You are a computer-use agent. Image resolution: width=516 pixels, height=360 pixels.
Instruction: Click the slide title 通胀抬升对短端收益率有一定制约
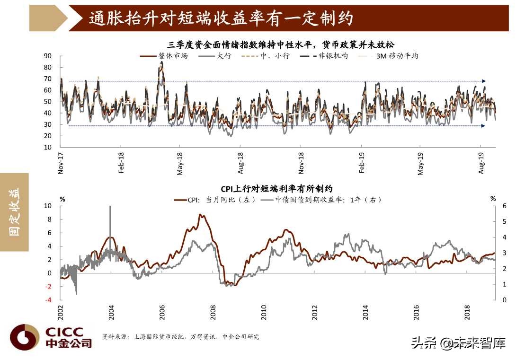pyautogui.click(x=221, y=18)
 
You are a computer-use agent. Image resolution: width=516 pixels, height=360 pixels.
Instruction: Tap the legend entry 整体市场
pyautogui.click(x=174, y=56)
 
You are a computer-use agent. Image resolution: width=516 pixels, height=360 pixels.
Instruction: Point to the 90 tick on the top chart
pyautogui.click(x=47, y=56)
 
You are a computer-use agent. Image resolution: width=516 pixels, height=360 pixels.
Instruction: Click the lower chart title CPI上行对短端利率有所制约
pyautogui.click(x=276, y=189)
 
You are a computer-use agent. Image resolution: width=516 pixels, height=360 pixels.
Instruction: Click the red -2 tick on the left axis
pyautogui.click(x=47, y=286)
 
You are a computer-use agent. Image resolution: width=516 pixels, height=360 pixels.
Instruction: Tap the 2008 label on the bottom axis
pyautogui.click(x=213, y=313)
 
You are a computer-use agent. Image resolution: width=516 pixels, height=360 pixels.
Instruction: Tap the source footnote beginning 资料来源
pyautogui.click(x=181, y=337)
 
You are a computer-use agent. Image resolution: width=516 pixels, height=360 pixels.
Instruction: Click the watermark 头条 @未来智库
pyautogui.click(x=458, y=342)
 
